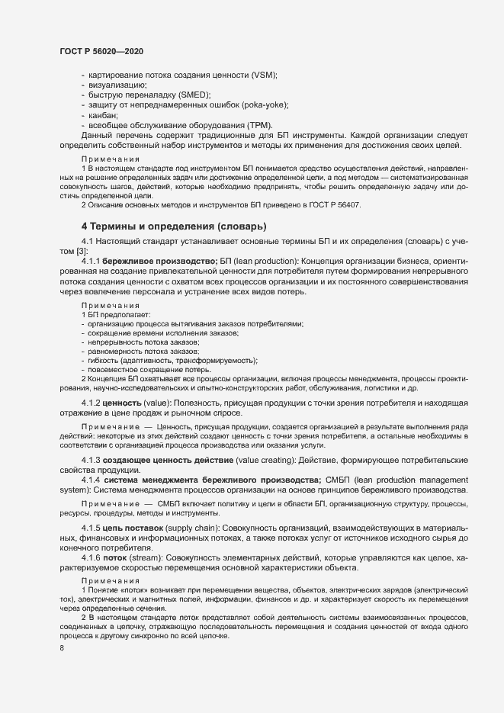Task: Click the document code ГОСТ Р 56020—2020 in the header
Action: [x=101, y=51]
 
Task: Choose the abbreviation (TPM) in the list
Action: [x=255, y=125]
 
